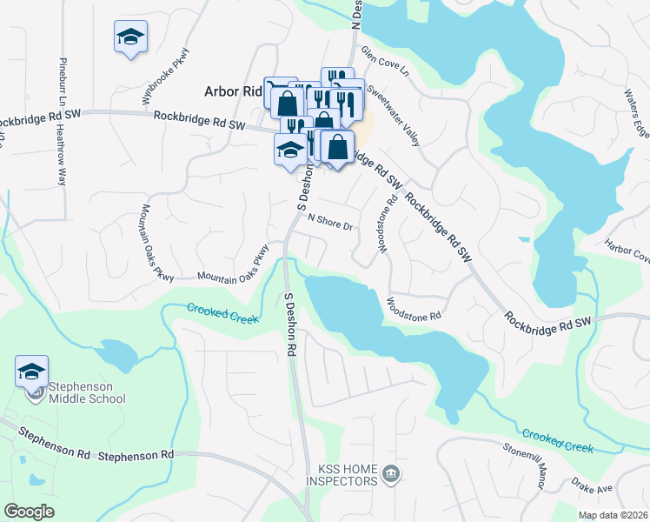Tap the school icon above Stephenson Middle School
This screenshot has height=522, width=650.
pyautogui.click(x=32, y=371)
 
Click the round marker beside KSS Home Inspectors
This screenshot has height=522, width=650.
pyautogui.click(x=391, y=474)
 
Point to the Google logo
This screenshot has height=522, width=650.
pyautogui.click(x=29, y=511)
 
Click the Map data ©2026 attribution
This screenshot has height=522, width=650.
pyautogui.click(x=613, y=515)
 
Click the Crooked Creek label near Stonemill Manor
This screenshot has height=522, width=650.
pyautogui.click(x=558, y=440)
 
